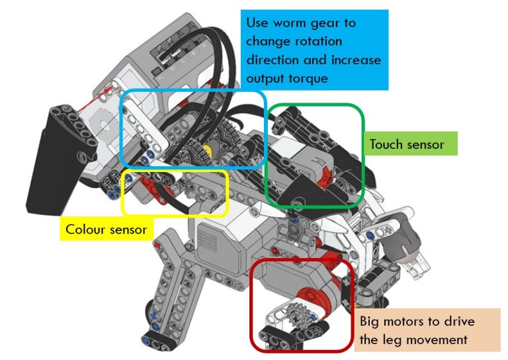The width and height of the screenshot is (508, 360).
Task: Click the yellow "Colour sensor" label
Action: [x=106, y=230]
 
